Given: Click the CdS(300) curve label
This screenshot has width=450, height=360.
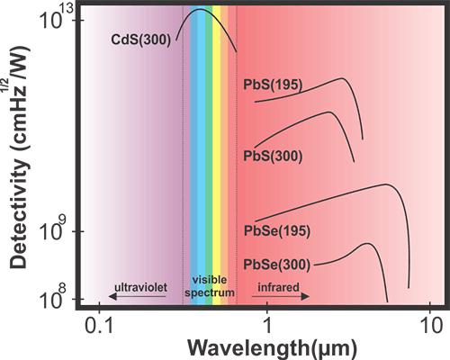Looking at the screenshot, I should [140, 40].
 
